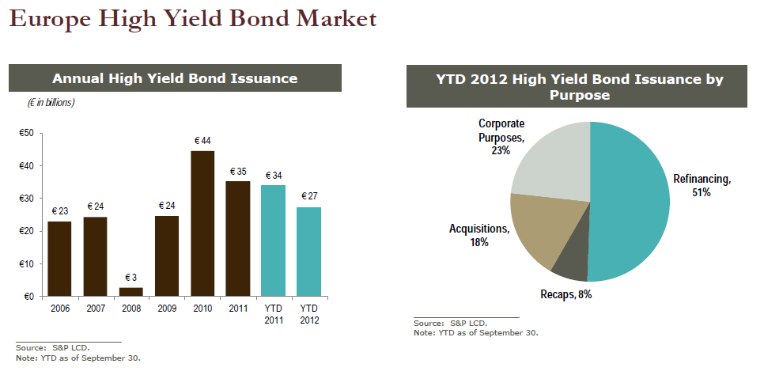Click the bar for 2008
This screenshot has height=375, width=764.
click(x=130, y=292)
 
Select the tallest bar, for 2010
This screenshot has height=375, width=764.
click(x=202, y=223)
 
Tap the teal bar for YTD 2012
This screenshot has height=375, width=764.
click(x=308, y=252)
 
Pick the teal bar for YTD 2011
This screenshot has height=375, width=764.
click(x=274, y=241)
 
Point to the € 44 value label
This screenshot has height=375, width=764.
click(x=202, y=141)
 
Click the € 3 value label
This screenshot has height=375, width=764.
click(x=130, y=278)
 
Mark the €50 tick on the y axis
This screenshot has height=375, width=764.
click(x=26, y=133)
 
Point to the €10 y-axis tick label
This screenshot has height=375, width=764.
click(x=26, y=263)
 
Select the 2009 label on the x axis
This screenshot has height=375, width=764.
click(x=167, y=309)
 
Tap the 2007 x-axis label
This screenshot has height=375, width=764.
click(x=95, y=309)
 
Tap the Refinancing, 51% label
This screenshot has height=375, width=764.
click(x=702, y=185)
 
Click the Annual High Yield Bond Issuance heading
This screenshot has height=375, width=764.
click(x=174, y=78)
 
